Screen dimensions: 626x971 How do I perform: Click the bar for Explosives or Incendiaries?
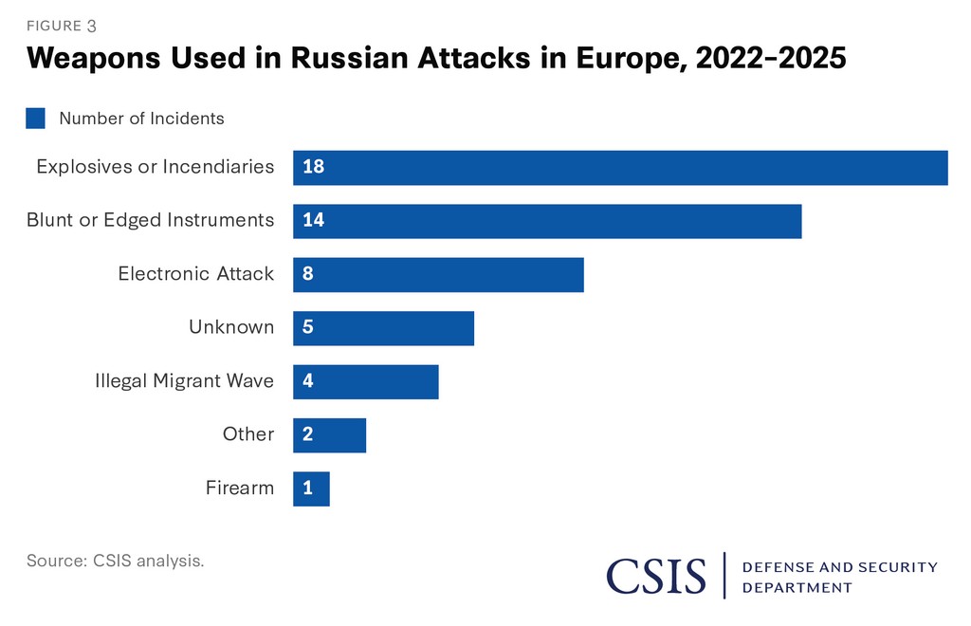[620, 168]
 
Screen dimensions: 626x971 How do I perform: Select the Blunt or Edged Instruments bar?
[547, 221]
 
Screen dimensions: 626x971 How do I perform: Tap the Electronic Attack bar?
[438, 275]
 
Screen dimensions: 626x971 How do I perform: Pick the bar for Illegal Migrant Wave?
[366, 382]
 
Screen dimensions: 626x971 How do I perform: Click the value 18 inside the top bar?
[313, 168]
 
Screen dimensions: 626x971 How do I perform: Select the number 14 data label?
[313, 221]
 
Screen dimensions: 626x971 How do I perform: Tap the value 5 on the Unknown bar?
[308, 328]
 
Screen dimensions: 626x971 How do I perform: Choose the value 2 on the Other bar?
[308, 435]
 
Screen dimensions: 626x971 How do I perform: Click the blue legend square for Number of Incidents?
[36, 119]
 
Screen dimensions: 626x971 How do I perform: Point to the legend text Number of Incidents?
[141, 119]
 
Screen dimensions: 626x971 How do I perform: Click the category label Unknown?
[231, 328]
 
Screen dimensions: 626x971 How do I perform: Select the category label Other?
[248, 435]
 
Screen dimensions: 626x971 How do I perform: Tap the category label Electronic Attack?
[196, 275]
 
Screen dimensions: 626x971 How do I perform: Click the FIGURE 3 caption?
[62, 26]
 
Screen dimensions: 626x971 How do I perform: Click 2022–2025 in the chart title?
[770, 59]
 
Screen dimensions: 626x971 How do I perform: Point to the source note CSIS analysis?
[115, 561]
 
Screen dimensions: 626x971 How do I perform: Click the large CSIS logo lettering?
[657, 576]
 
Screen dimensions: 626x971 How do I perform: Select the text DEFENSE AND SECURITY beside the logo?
[839, 567]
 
